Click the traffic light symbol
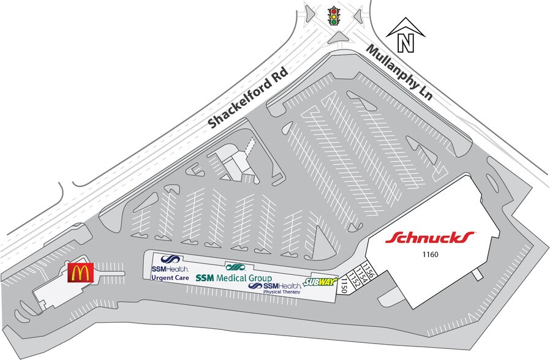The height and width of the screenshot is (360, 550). click(334, 15)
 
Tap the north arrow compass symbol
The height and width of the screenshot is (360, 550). click(405, 35)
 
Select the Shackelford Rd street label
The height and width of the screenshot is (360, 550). click(248, 97)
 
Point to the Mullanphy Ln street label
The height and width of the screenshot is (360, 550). click(399, 72)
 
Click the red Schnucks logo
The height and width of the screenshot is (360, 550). click(430, 238)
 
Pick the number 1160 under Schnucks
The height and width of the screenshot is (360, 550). click(430, 255)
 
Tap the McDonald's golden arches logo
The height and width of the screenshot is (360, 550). click(81, 272)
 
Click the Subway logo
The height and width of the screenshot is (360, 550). click(320, 282)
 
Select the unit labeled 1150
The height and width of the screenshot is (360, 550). click(344, 284)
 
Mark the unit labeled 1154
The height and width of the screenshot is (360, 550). click(362, 274)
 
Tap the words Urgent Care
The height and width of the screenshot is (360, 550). click(170, 278)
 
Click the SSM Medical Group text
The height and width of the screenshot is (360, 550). click(233, 278)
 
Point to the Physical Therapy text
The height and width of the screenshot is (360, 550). click(282, 291)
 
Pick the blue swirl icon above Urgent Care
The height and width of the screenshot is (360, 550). click(170, 260)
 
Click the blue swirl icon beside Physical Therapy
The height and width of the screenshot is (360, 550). click(255, 286)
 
